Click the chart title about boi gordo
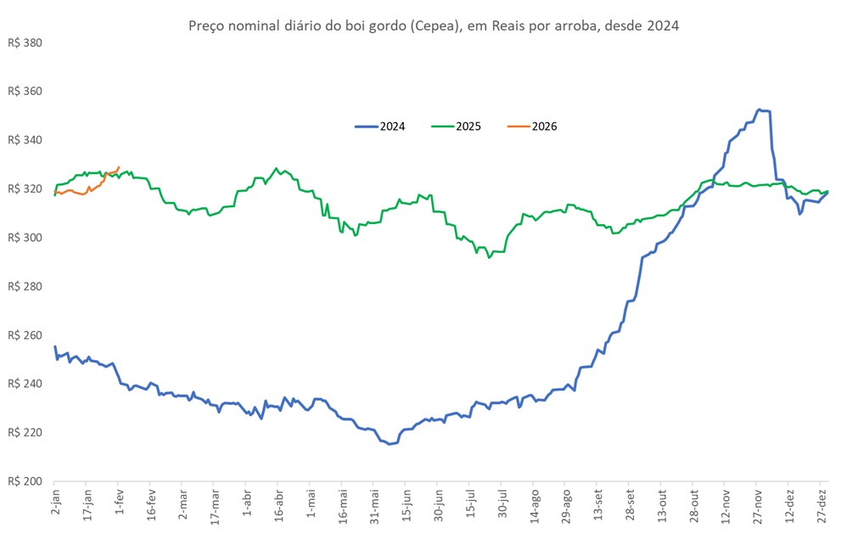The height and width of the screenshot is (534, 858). (x=433, y=25)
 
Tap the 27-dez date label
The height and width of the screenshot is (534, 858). (x=822, y=505)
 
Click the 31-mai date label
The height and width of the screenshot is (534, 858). (x=374, y=505)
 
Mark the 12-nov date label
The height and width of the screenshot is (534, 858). (x=726, y=505)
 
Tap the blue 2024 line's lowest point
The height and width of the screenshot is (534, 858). (x=390, y=444)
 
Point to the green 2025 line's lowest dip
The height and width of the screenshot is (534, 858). (x=489, y=256)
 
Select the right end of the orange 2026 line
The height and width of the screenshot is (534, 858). (x=119, y=167)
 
